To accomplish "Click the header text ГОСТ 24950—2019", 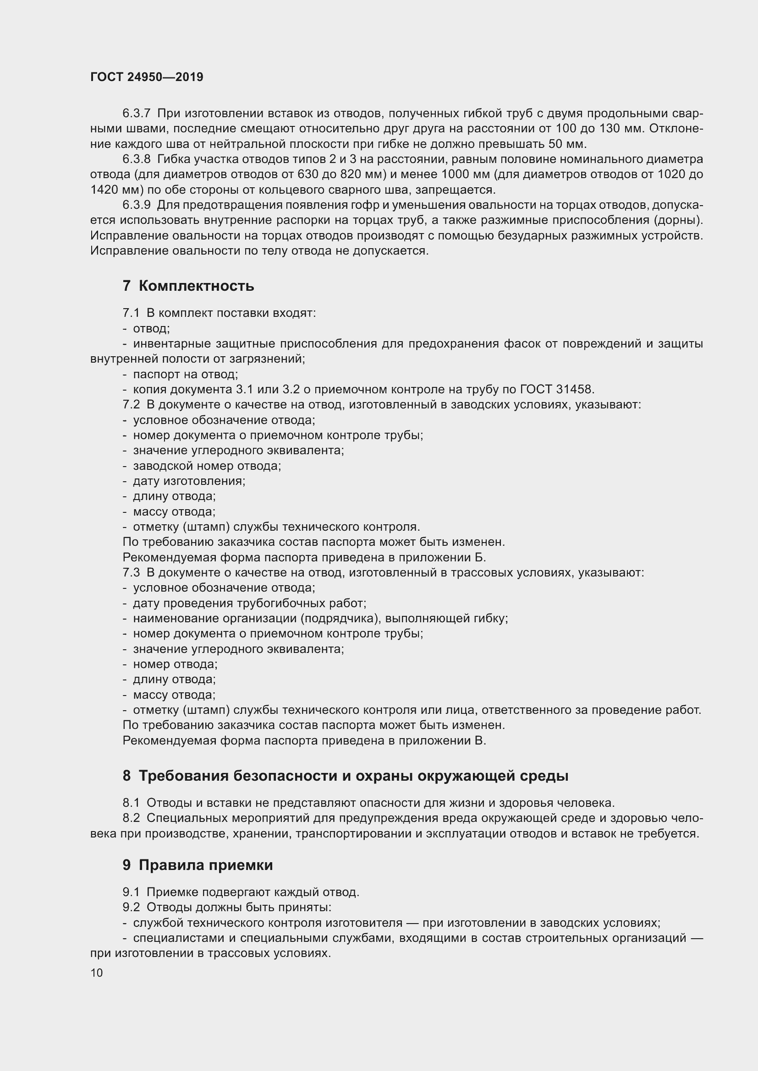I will [x=147, y=77].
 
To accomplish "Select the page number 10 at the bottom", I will [x=97, y=973].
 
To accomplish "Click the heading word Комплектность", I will [x=196, y=286].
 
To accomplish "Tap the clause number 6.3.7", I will [x=136, y=114].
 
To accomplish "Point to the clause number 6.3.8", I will [x=136, y=159].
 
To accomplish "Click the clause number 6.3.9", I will [x=136, y=205].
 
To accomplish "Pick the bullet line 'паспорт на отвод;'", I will [x=185, y=374].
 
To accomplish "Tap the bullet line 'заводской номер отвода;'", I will [x=207, y=466].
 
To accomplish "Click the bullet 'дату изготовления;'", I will [x=189, y=481].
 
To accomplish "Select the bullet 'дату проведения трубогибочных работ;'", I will [x=249, y=603].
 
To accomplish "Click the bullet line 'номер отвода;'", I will [x=175, y=664].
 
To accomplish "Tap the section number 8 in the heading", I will [x=126, y=776].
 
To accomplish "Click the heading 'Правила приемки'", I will [x=205, y=865].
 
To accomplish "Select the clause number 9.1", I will [x=131, y=892].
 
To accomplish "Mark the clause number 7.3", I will [x=131, y=573].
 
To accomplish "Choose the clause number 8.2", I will [x=131, y=818].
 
